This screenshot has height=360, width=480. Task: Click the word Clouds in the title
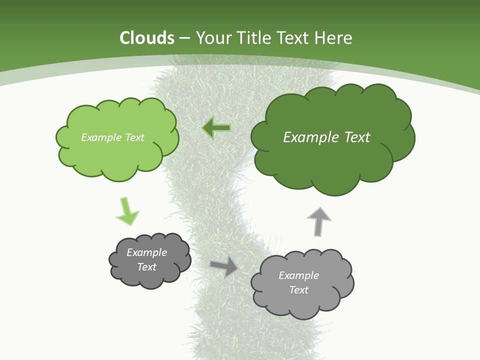click(147, 38)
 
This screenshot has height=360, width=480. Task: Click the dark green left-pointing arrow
click(216, 128)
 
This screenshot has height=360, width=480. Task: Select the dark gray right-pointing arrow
click(224, 266)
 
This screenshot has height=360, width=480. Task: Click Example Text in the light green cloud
click(112, 137)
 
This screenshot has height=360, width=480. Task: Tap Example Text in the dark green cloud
click(326, 137)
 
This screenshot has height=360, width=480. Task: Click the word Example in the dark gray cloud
click(146, 252)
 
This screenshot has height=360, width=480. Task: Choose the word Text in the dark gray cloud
click(146, 267)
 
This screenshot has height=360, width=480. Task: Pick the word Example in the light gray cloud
click(298, 275)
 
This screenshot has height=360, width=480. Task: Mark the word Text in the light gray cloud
click(298, 290)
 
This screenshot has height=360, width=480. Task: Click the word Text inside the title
click(294, 38)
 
